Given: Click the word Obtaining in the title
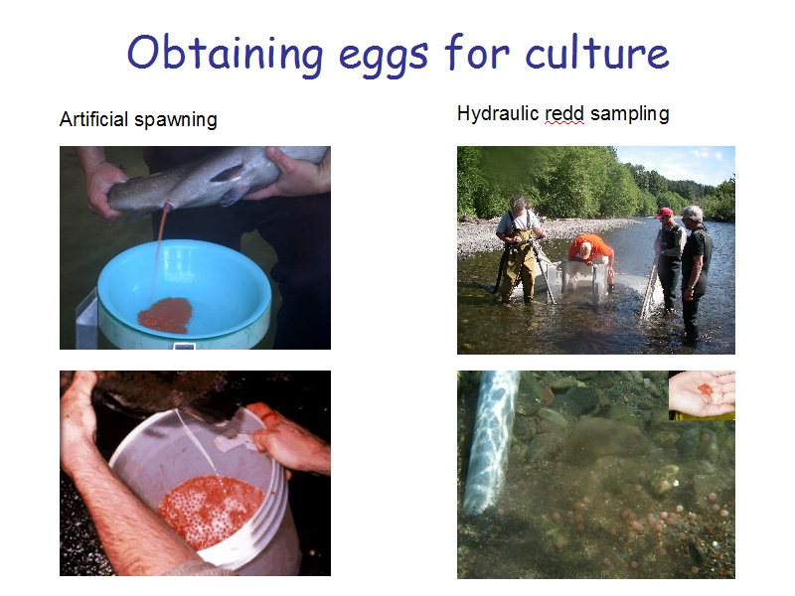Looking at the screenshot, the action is [x=226, y=54].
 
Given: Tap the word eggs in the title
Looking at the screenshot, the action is [x=384, y=57].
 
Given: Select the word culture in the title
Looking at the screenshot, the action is [x=597, y=53].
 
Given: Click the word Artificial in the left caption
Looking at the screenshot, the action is [x=93, y=119].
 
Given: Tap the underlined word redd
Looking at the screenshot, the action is [x=563, y=113].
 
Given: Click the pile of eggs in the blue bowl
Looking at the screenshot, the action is [x=165, y=315].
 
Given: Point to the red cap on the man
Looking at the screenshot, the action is [x=664, y=212].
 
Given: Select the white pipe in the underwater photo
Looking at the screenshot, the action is [x=489, y=440].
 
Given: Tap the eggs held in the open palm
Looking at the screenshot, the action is [x=706, y=389].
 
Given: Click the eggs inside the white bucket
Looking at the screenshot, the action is [x=212, y=512].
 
